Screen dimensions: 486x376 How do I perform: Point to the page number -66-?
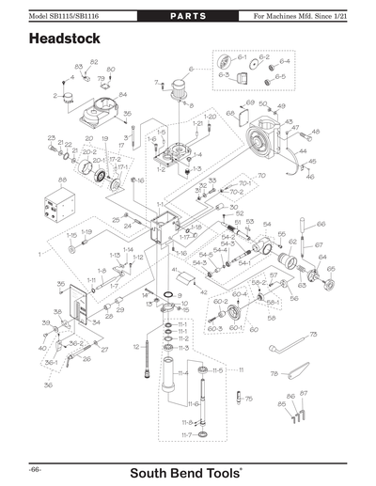pos(35,467)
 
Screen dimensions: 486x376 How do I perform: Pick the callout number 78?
pos(274,374)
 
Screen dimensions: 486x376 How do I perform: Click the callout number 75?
pos(249,400)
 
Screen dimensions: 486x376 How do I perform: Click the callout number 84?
pos(122,95)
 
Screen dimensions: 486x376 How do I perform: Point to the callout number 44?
pos(303,150)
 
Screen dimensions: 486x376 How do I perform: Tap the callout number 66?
pos(321,224)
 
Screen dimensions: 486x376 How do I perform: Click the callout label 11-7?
pos(186,435)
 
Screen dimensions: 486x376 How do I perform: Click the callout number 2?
pos(55,96)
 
